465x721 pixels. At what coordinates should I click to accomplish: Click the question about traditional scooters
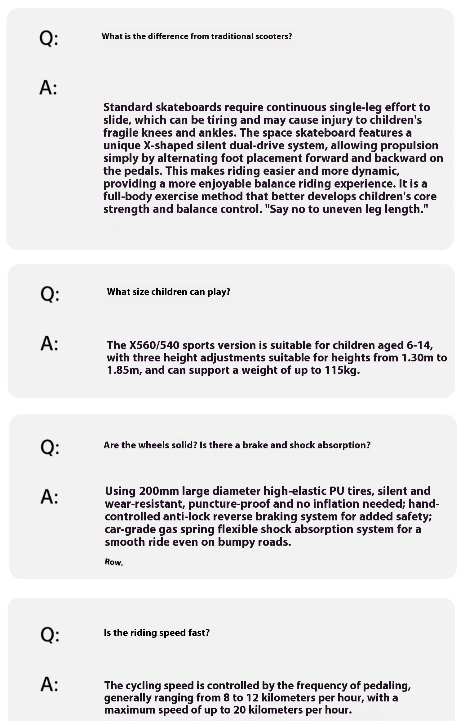pyautogui.click(x=197, y=36)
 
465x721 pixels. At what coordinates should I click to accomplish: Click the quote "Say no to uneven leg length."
pyautogui.click(x=349, y=209)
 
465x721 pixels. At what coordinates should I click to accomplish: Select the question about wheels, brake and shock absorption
pyautogui.click(x=237, y=445)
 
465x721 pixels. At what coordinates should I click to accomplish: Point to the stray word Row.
pyautogui.click(x=114, y=562)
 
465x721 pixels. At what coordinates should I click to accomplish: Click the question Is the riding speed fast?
pyautogui.click(x=157, y=633)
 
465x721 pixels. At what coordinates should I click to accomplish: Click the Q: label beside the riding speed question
pyautogui.click(x=49, y=634)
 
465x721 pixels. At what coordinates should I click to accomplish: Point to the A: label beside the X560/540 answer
pyautogui.click(x=49, y=344)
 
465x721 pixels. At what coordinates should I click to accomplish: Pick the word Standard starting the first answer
pyautogui.click(x=128, y=107)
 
